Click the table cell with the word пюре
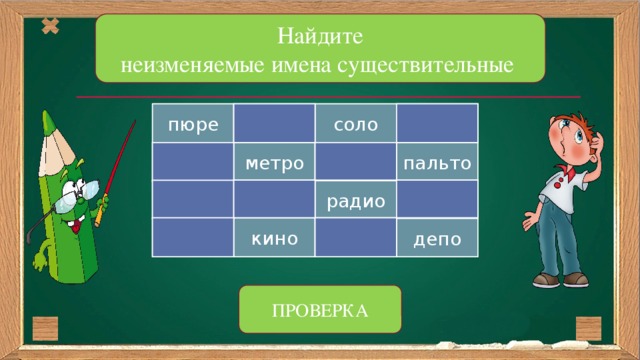193,126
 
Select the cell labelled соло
355,126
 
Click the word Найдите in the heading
320,39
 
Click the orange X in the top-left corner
50,27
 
